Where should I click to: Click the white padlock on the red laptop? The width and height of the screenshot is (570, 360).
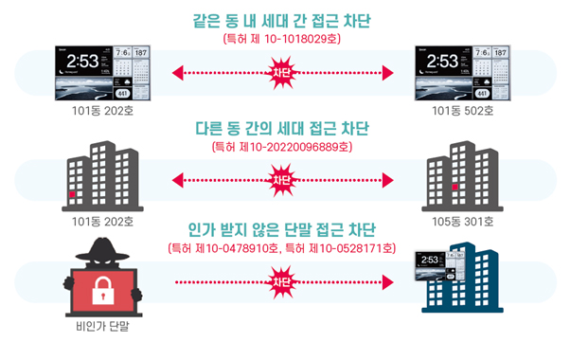coord(98,295)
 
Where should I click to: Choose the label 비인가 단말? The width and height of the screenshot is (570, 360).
coord(98,333)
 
